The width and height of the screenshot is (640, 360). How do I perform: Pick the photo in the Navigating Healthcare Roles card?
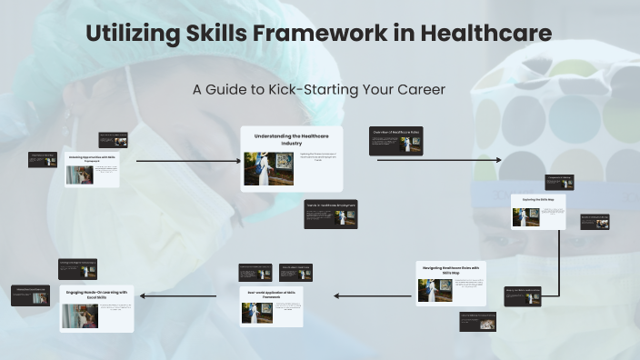click(435, 290)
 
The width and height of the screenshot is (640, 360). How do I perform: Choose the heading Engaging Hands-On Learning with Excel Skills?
click(96, 295)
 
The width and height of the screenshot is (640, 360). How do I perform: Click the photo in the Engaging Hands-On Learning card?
click(79, 315)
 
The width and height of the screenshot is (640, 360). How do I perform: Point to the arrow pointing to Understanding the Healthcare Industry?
click(186, 161)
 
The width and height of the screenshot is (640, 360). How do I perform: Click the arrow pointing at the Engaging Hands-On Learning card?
click(177, 295)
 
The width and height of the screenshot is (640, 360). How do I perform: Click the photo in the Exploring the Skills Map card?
click(525, 216)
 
